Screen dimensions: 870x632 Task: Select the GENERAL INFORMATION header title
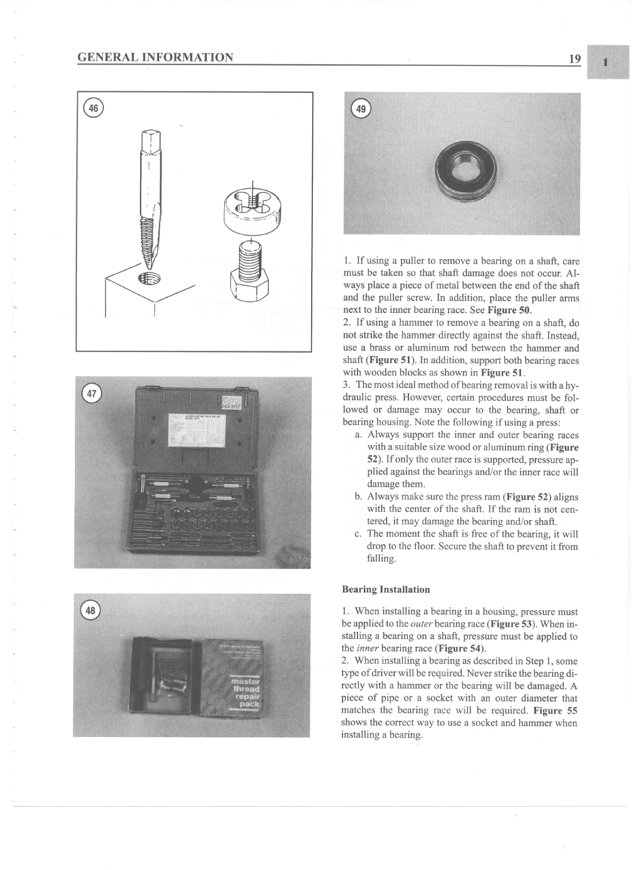coord(155,57)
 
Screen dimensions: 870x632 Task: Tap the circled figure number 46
coord(93,108)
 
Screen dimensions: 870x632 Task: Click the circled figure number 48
coord(91,610)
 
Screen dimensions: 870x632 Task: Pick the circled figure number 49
coord(361,109)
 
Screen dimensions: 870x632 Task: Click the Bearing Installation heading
coord(386,590)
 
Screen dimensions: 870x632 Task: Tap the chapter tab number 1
coord(607,63)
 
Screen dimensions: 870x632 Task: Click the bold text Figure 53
coord(512,624)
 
